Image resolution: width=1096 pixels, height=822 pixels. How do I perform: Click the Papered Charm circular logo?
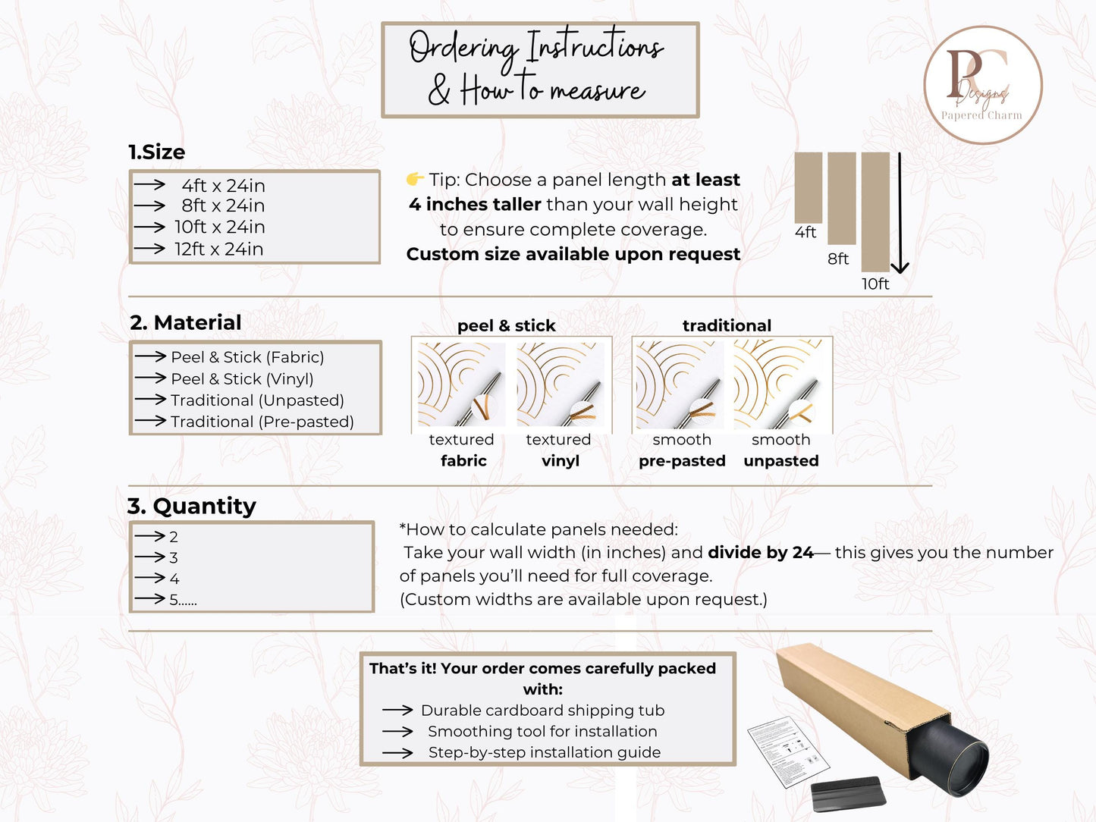[983, 85]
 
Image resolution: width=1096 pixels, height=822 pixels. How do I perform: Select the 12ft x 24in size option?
[218, 249]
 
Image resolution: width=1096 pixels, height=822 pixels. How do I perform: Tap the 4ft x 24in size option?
[223, 186]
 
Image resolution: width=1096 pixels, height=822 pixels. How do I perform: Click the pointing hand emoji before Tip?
[415, 179]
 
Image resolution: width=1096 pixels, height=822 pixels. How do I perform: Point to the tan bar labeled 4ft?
[809, 187]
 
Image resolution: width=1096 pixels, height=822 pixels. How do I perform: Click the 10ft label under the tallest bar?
[875, 284]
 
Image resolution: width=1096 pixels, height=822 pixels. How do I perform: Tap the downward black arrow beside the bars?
[900, 212]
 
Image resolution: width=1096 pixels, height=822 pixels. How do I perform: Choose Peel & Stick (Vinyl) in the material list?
[242, 379]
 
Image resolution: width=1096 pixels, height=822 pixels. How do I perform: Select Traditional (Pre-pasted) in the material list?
[262, 422]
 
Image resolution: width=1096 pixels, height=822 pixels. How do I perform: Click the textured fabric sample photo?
[461, 384]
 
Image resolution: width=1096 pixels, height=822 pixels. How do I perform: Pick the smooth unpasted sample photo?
[778, 384]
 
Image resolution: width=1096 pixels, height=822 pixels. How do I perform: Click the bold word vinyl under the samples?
[561, 460]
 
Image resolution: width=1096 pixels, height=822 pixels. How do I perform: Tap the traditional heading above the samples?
[727, 325]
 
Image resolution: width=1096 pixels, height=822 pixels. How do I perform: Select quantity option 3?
[173, 557]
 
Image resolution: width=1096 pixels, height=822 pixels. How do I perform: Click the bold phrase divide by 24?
[761, 553]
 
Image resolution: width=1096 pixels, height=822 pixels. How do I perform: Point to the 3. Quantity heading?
[191, 506]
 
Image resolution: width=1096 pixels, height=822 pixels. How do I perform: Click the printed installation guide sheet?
[788, 752]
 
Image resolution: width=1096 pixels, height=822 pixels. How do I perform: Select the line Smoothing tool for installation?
[542, 731]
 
